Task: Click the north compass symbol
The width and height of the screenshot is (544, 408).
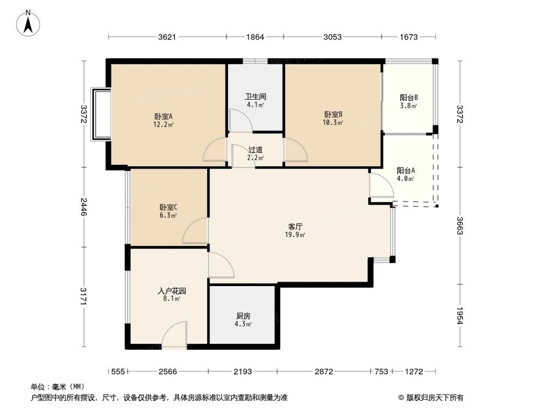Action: pyautogui.click(x=29, y=23)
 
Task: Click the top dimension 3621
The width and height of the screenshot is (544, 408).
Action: pyautogui.click(x=167, y=37)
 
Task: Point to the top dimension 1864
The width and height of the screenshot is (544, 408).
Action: pyautogui.click(x=255, y=37)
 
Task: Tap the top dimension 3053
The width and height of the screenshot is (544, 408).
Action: pyautogui.click(x=332, y=37)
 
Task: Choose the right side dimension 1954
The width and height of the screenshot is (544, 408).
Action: pyautogui.click(x=460, y=316)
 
